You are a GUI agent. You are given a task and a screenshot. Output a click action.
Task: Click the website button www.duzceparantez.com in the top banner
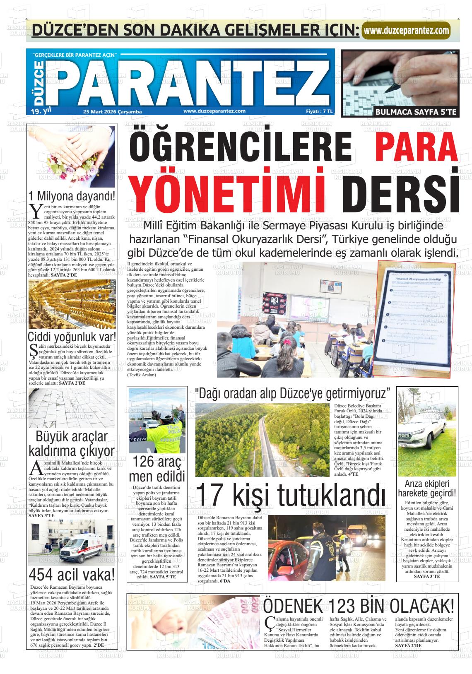[x=406, y=31]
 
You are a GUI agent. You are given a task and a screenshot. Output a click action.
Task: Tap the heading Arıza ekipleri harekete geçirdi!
[x=426, y=489]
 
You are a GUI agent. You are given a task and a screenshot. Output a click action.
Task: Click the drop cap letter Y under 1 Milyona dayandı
[x=36, y=210]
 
